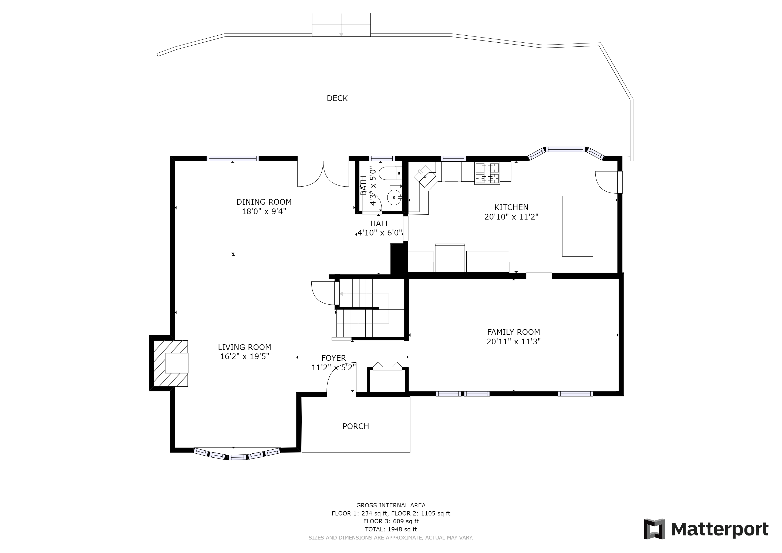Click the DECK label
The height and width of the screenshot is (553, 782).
[x=337, y=98]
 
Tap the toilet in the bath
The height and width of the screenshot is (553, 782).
[x=390, y=173]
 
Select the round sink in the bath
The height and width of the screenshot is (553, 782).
[x=395, y=197]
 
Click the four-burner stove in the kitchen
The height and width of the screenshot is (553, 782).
[x=487, y=174]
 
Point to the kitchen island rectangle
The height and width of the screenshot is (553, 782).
[x=577, y=226]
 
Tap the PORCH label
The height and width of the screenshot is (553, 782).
[x=356, y=426]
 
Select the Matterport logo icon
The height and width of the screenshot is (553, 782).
[x=654, y=529]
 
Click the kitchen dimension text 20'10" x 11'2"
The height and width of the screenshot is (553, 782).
[x=511, y=217]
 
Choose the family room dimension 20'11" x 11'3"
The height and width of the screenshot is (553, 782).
[x=514, y=342]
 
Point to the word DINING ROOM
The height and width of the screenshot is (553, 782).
[x=264, y=202]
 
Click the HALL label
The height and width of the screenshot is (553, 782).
[x=380, y=224]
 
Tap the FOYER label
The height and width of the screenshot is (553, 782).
[x=333, y=358]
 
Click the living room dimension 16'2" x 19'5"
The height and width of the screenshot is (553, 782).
[x=245, y=356]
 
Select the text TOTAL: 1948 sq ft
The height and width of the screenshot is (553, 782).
[x=391, y=530]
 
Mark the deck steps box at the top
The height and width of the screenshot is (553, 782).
[x=341, y=25]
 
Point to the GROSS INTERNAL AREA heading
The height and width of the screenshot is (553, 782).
[x=391, y=505]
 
